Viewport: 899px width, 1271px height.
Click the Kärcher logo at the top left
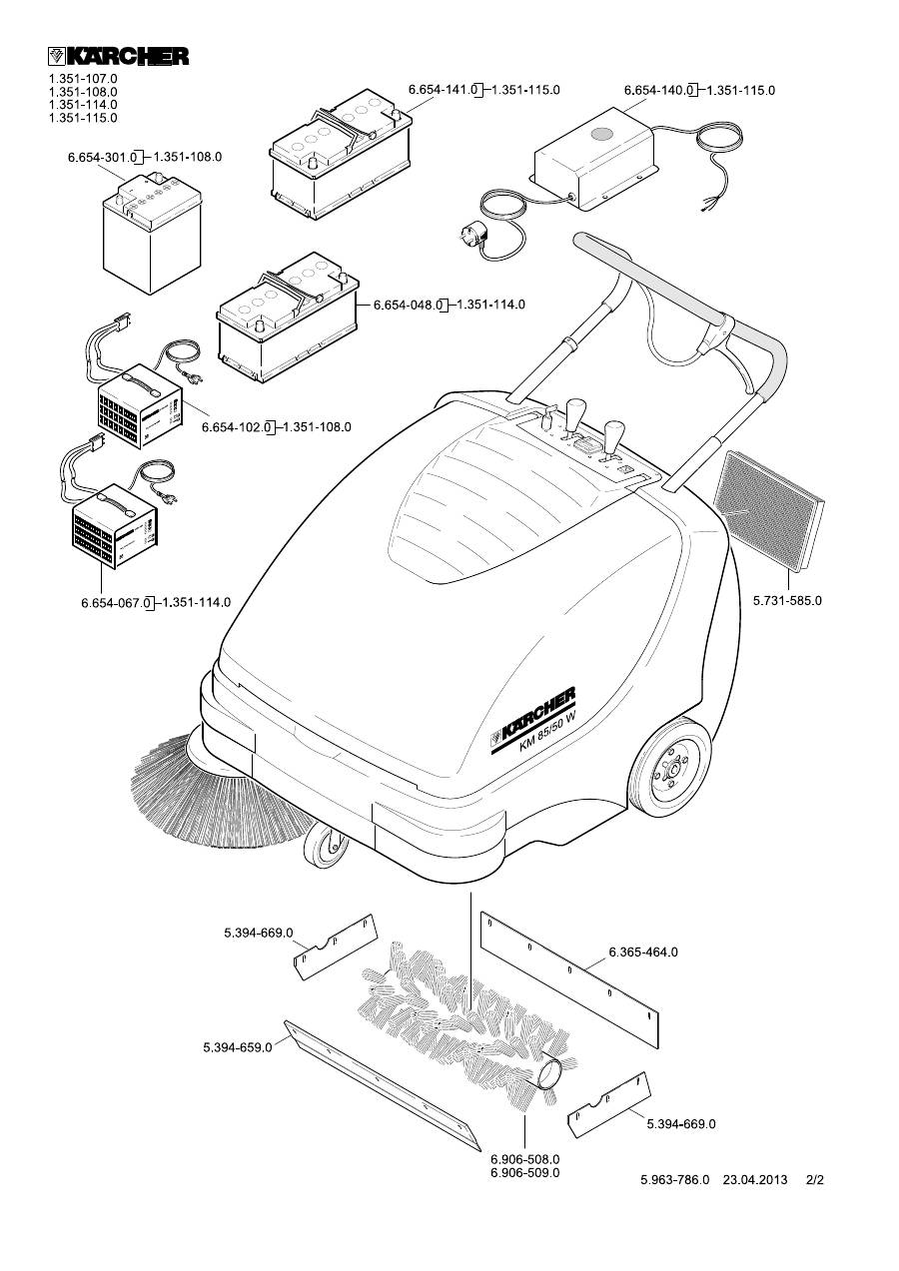coord(119,56)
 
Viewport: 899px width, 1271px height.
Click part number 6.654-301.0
coord(103,157)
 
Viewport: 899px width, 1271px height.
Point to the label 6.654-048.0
coord(408,305)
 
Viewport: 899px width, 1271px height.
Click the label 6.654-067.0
coord(116,603)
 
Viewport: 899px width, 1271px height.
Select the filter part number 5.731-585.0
coord(787,600)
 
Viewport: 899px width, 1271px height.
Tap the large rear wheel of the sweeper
coord(673,769)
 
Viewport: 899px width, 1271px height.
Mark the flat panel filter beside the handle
coord(769,504)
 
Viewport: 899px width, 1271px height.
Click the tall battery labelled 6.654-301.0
coord(152,233)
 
